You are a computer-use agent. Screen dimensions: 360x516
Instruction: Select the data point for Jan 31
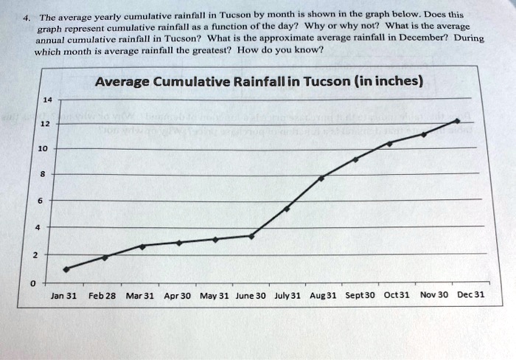point(66,269)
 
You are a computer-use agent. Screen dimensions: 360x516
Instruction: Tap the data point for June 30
point(251,236)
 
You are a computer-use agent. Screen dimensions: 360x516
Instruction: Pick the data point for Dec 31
point(458,120)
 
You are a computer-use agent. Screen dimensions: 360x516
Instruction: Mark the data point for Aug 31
point(321,178)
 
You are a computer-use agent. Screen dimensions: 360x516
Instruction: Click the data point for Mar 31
point(142,246)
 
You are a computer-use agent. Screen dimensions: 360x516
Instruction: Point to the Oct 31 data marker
point(390,143)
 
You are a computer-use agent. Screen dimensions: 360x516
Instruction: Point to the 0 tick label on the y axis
point(32,283)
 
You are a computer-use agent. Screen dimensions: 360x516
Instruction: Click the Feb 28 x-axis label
point(102,295)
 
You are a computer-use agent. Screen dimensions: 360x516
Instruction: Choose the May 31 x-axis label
point(215,295)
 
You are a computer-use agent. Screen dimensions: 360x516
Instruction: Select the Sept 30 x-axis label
point(360,295)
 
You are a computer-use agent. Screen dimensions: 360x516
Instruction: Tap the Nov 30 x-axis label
point(434,295)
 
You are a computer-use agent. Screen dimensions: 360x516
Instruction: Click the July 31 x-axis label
point(287,295)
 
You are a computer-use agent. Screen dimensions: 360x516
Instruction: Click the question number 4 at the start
point(24,15)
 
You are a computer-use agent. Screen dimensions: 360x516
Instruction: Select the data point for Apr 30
point(178,243)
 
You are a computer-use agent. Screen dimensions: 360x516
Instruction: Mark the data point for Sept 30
point(356,159)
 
